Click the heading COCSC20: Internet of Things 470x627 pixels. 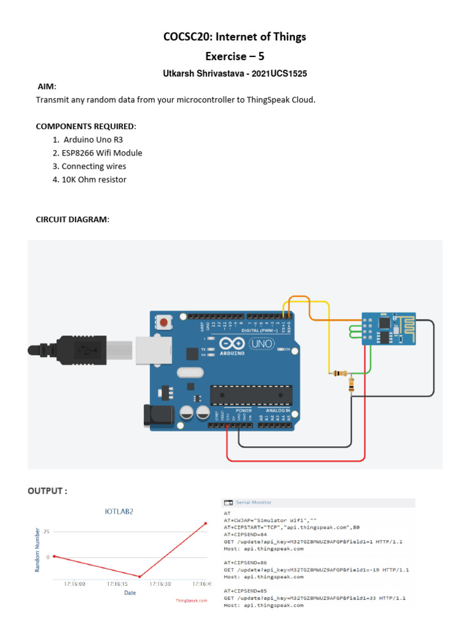point(234,37)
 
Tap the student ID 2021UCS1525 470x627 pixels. point(278,73)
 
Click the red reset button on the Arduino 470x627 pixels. point(163,321)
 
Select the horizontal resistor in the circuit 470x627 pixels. point(338,374)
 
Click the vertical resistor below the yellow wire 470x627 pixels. point(351,385)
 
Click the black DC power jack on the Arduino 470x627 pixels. point(155,415)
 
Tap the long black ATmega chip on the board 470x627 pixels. point(251,395)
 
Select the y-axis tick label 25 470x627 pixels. point(47,531)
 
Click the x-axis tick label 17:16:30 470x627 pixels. point(160,584)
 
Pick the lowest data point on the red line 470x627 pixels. point(140,576)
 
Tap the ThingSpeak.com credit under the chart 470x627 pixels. point(191,601)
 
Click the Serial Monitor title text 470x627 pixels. point(253,502)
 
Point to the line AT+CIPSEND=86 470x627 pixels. point(245,562)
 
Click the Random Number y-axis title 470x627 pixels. point(37,552)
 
